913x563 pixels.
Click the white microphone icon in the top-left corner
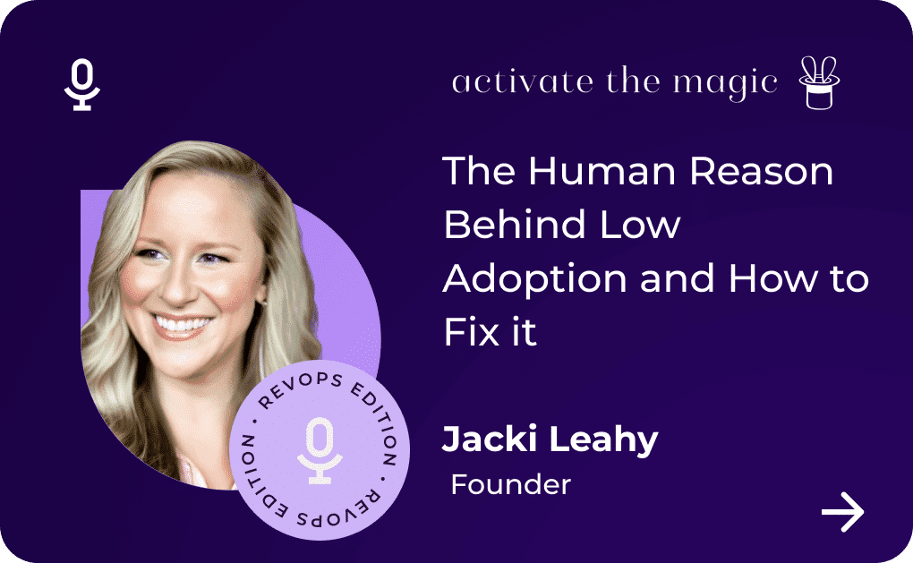click(x=82, y=84)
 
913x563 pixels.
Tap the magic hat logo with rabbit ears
click(x=819, y=82)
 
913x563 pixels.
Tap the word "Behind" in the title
click(x=514, y=224)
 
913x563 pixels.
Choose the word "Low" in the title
click(x=639, y=224)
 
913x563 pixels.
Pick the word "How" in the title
click(x=772, y=278)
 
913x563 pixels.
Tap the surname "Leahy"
click(x=604, y=440)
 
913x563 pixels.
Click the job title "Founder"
click(x=510, y=484)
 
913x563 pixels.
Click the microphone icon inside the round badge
click(x=320, y=450)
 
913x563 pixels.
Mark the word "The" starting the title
click(x=479, y=171)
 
